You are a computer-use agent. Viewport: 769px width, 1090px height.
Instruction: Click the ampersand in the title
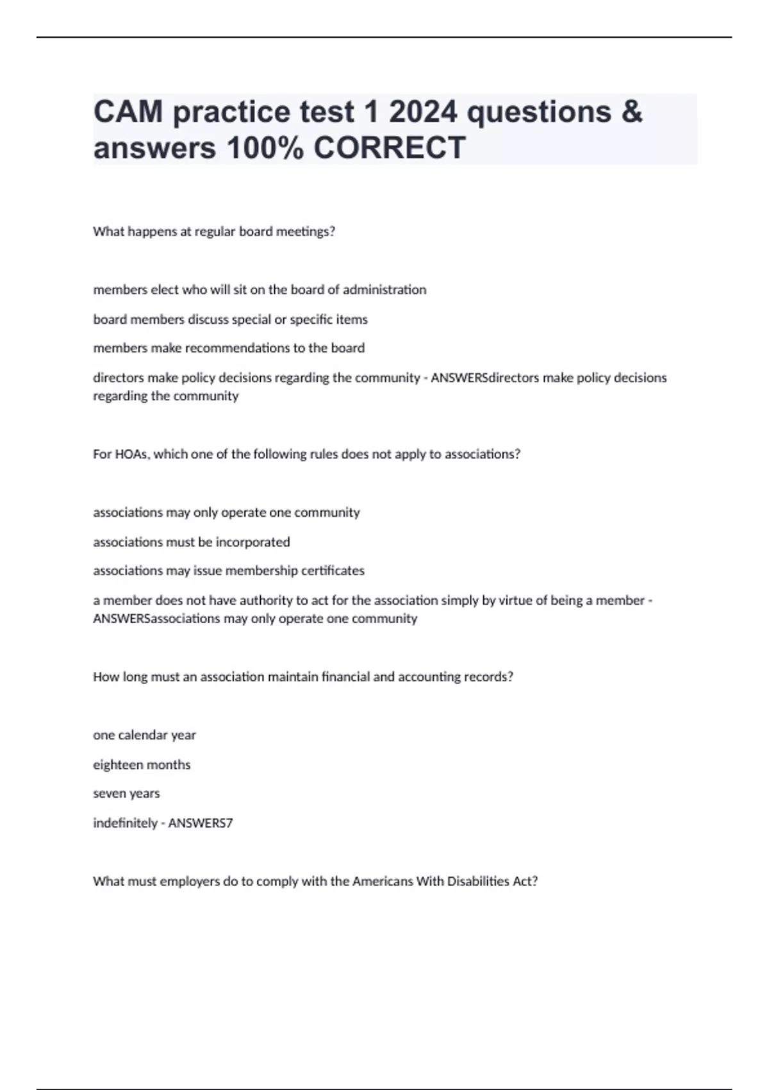point(631,112)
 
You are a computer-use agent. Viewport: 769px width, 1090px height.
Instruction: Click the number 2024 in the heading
point(423,112)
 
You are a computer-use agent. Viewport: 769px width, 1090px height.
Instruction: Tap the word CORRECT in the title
point(389,148)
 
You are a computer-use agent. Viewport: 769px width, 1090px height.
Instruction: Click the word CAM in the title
point(128,112)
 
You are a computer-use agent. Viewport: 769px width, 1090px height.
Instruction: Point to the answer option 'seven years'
point(126,793)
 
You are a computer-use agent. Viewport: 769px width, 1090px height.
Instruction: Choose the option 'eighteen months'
point(142,764)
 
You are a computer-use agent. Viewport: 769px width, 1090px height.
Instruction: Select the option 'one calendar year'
point(144,735)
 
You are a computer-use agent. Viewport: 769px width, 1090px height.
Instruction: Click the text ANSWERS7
point(200,823)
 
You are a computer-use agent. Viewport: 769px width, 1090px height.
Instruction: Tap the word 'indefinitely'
point(125,823)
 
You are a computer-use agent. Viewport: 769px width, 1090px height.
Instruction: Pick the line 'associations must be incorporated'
point(191,542)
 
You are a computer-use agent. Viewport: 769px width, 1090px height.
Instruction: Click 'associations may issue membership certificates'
point(228,571)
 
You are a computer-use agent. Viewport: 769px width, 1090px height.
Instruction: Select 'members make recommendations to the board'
point(229,348)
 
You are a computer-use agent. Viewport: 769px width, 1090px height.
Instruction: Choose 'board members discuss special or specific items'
point(230,319)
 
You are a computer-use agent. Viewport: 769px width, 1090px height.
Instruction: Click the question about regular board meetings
point(214,231)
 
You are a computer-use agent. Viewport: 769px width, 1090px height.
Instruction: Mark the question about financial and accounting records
point(302,676)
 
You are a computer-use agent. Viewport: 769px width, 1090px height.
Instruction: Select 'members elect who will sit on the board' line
point(260,289)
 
